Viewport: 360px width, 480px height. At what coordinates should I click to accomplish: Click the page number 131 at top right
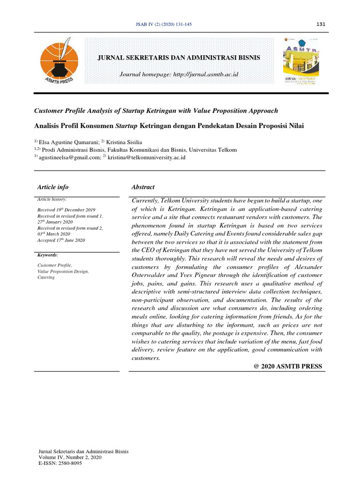(321, 24)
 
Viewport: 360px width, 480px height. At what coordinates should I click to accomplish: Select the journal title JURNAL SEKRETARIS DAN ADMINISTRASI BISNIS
(178, 57)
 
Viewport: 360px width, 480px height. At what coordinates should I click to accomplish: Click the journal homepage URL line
(179, 75)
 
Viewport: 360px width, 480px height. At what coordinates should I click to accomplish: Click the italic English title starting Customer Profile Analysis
(156, 111)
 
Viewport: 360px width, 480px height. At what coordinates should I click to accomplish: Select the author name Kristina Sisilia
(126, 142)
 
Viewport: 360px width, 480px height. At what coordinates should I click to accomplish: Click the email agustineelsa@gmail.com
(69, 157)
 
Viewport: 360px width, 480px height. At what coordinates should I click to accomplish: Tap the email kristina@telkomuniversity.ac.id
(147, 157)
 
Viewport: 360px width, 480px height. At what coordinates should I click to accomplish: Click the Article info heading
(53, 187)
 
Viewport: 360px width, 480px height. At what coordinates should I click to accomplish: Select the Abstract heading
(143, 187)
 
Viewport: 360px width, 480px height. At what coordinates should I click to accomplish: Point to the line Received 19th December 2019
(66, 210)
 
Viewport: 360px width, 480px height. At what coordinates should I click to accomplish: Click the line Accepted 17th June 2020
(61, 240)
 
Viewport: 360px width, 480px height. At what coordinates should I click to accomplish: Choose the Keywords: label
(48, 255)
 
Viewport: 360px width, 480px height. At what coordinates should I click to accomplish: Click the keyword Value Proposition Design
(63, 271)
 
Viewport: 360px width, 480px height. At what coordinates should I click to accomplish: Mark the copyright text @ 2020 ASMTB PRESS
(287, 366)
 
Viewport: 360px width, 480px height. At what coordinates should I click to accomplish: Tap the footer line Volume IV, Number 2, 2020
(69, 457)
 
